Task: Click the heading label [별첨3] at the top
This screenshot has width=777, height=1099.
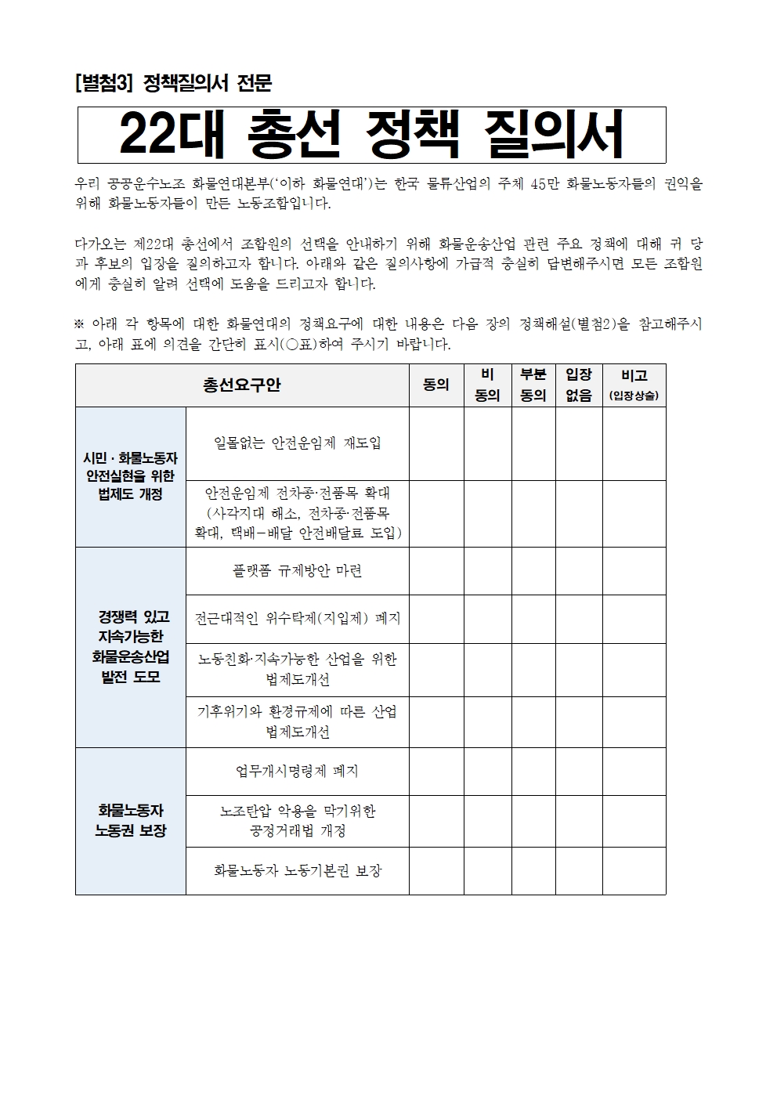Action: (x=104, y=84)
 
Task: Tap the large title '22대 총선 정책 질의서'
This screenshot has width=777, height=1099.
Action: (x=371, y=135)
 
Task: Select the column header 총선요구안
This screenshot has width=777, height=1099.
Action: (x=242, y=385)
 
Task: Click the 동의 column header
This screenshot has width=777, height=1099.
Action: (x=436, y=385)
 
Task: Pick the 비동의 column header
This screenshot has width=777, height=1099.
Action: (x=487, y=385)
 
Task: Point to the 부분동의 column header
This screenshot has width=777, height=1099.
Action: (x=533, y=385)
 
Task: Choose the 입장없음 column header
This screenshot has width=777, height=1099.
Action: (x=579, y=385)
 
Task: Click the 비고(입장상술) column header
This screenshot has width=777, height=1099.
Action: (x=634, y=385)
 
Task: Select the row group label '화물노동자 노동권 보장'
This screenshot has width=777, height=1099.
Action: (x=131, y=820)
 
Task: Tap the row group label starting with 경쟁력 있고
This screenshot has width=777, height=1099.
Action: (x=131, y=647)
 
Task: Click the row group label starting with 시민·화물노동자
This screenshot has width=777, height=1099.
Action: (x=131, y=476)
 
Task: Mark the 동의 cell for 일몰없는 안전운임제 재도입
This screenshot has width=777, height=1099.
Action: (x=436, y=443)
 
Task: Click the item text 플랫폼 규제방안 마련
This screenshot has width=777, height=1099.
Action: (x=297, y=571)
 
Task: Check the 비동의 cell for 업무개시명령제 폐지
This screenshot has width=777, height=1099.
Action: (x=487, y=772)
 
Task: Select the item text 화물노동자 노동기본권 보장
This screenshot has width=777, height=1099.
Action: (x=297, y=870)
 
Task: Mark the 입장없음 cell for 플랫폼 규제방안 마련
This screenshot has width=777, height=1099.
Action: (x=579, y=571)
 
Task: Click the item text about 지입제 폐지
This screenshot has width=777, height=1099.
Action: (x=297, y=619)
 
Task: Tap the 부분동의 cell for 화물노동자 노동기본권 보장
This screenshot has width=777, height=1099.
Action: (x=533, y=870)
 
